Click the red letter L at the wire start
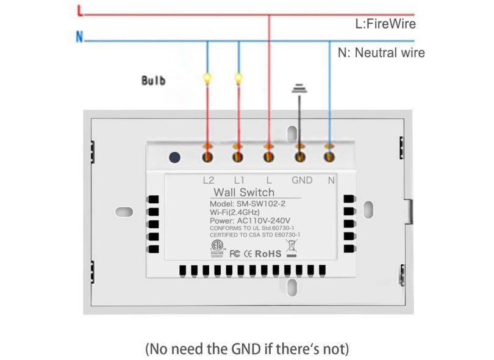(x=80, y=10)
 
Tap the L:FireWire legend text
(x=385, y=24)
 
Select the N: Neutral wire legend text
(x=381, y=52)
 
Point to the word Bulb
(x=153, y=81)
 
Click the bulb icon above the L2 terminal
(x=207, y=78)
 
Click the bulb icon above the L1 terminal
(x=238, y=78)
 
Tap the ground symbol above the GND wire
(x=299, y=88)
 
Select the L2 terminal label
(x=208, y=180)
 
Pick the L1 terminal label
(x=238, y=180)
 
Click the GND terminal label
(x=302, y=180)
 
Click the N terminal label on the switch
(x=331, y=180)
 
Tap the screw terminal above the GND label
(x=299, y=157)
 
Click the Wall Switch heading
(x=244, y=193)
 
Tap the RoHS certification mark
(x=268, y=253)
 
